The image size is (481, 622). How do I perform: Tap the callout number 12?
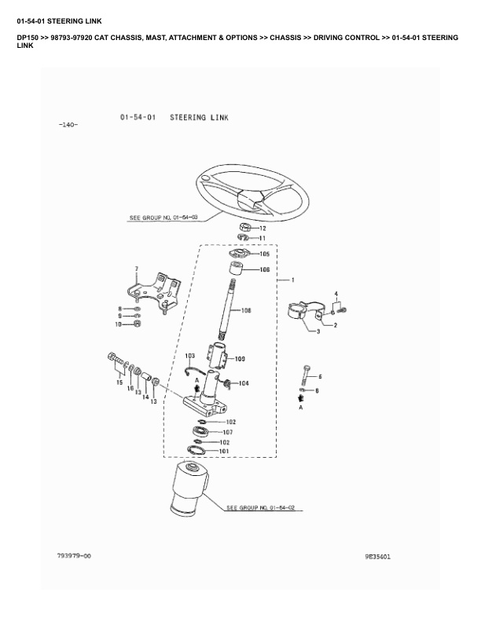coord(263,228)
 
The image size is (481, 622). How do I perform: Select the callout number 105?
coord(265,254)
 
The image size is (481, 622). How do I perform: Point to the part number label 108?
coord(246,311)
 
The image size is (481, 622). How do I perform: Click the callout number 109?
coord(240,359)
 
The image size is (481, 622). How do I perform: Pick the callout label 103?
coord(189,356)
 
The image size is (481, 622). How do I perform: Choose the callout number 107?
coord(228,432)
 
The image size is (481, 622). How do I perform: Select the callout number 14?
coord(145,397)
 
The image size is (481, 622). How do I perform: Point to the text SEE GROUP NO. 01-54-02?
coord(260,509)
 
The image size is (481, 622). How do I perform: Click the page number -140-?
coord(68,126)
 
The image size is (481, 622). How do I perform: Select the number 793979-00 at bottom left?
coord(74,556)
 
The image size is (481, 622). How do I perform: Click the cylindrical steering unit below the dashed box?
coord(188,488)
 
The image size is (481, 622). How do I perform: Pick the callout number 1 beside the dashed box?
coord(292,280)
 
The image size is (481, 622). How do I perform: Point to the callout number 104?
coord(244,383)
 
